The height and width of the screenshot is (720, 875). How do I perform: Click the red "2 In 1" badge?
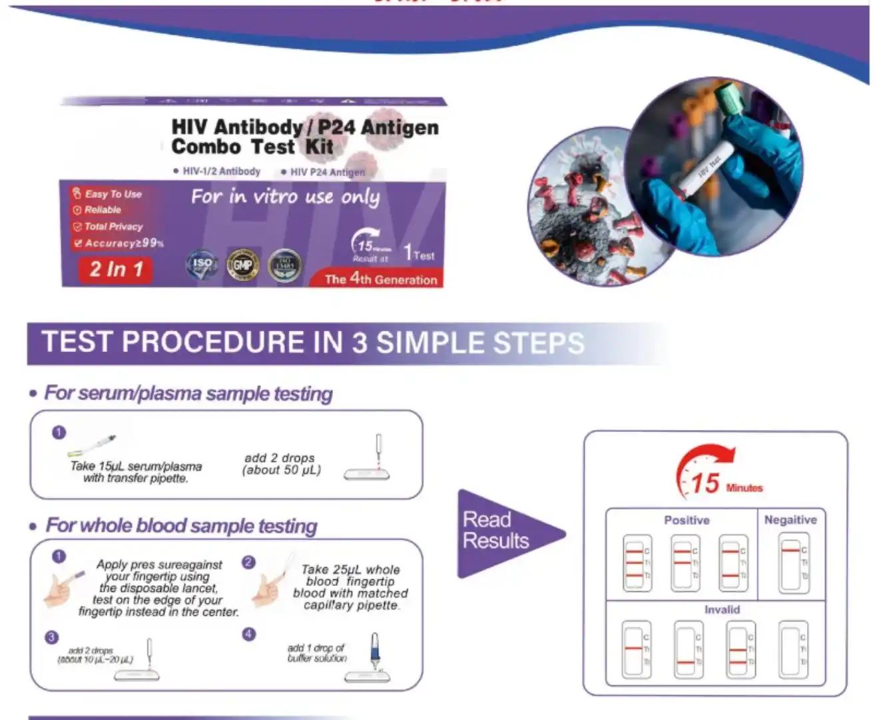117,269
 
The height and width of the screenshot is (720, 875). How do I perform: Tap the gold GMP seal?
242,265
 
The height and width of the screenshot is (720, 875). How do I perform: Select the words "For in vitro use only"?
285,197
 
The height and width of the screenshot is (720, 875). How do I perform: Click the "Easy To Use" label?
113,194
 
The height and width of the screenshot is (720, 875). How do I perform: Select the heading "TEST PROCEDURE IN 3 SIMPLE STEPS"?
313,343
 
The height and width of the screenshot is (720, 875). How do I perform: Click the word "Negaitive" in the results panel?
790,520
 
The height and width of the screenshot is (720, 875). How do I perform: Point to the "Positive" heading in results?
687,520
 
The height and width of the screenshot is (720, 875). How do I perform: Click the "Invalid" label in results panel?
722,609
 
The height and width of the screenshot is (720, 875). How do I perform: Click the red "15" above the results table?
705,483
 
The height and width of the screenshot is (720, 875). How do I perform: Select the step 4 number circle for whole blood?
249,634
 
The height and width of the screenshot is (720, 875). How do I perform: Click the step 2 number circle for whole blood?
249,562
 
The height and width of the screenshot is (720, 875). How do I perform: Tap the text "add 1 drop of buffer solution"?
316,653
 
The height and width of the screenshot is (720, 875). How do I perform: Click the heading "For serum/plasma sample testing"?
188,393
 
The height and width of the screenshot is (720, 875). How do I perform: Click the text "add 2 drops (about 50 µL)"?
281,464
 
